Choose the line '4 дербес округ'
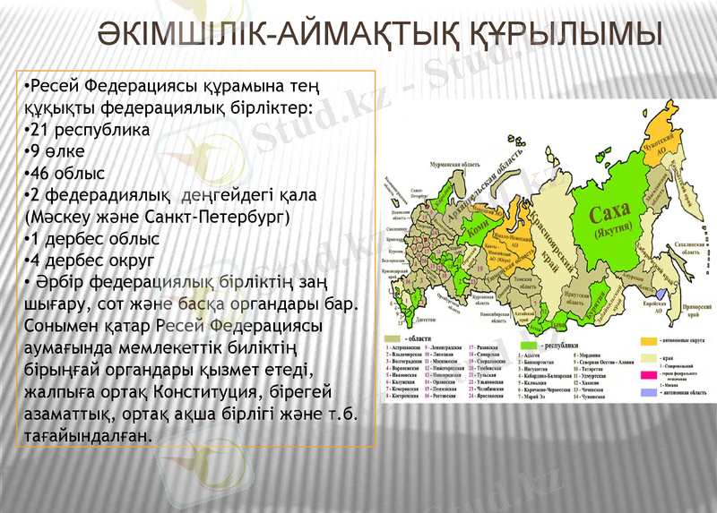click(x=90, y=261)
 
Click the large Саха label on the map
click(x=609, y=211)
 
